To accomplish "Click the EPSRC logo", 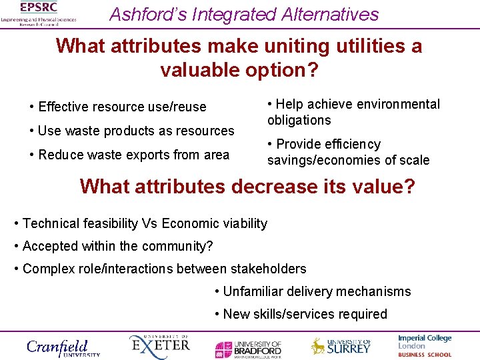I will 38,13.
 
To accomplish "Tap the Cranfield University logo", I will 63,347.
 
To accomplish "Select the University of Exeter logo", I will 159,346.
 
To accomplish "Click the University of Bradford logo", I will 248,348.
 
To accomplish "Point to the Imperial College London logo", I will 425,346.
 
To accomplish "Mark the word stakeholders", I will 268,269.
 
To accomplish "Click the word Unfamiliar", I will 257,291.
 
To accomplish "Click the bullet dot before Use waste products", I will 33,131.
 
